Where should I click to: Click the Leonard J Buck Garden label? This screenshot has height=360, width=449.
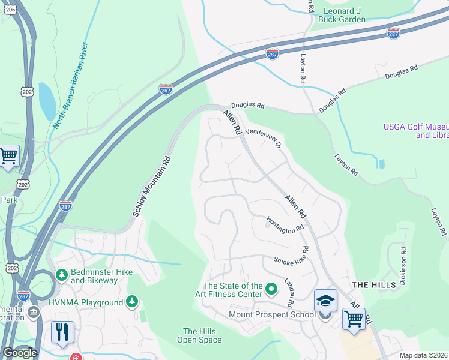pos(345,15)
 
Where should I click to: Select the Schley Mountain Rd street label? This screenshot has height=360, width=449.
pos(152,187)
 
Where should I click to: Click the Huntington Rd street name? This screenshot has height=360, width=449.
pos(285,226)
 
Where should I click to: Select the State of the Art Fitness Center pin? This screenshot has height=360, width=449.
pos(271,290)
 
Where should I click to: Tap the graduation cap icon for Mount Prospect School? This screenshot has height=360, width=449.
pos(325,301)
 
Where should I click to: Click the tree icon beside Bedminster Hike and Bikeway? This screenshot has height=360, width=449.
pos(61,275)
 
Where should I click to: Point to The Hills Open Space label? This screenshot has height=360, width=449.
pos(199,335)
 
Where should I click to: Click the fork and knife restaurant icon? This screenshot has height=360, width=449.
pos(62,332)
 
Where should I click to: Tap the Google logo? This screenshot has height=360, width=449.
pos(20,353)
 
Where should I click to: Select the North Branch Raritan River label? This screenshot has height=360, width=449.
pos(70,86)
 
